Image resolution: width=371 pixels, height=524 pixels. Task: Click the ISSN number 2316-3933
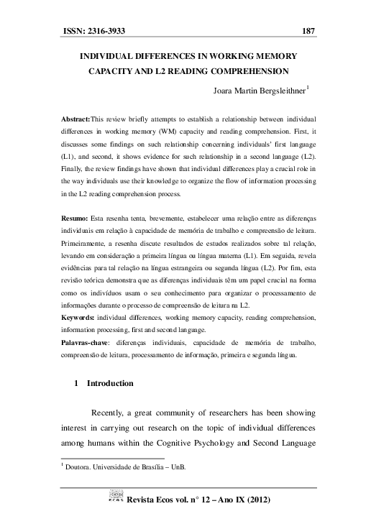[x=109, y=31]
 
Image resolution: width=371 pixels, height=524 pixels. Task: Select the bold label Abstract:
[x=74, y=116]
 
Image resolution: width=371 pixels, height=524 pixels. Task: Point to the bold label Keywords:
[x=78, y=316]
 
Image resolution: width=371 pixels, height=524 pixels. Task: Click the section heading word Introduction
[x=110, y=384]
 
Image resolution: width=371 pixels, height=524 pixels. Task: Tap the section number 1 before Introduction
[x=77, y=384]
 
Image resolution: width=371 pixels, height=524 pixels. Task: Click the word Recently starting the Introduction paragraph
[x=112, y=413]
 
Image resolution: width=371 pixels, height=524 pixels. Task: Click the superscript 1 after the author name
[x=308, y=88]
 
